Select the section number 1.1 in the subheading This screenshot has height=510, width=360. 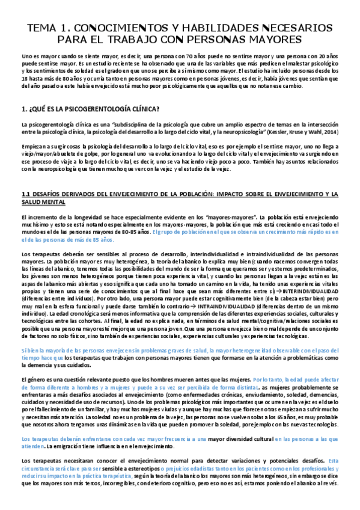pyautogui.click(x=26, y=194)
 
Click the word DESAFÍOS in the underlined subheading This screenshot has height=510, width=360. pyautogui.click(x=52, y=194)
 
